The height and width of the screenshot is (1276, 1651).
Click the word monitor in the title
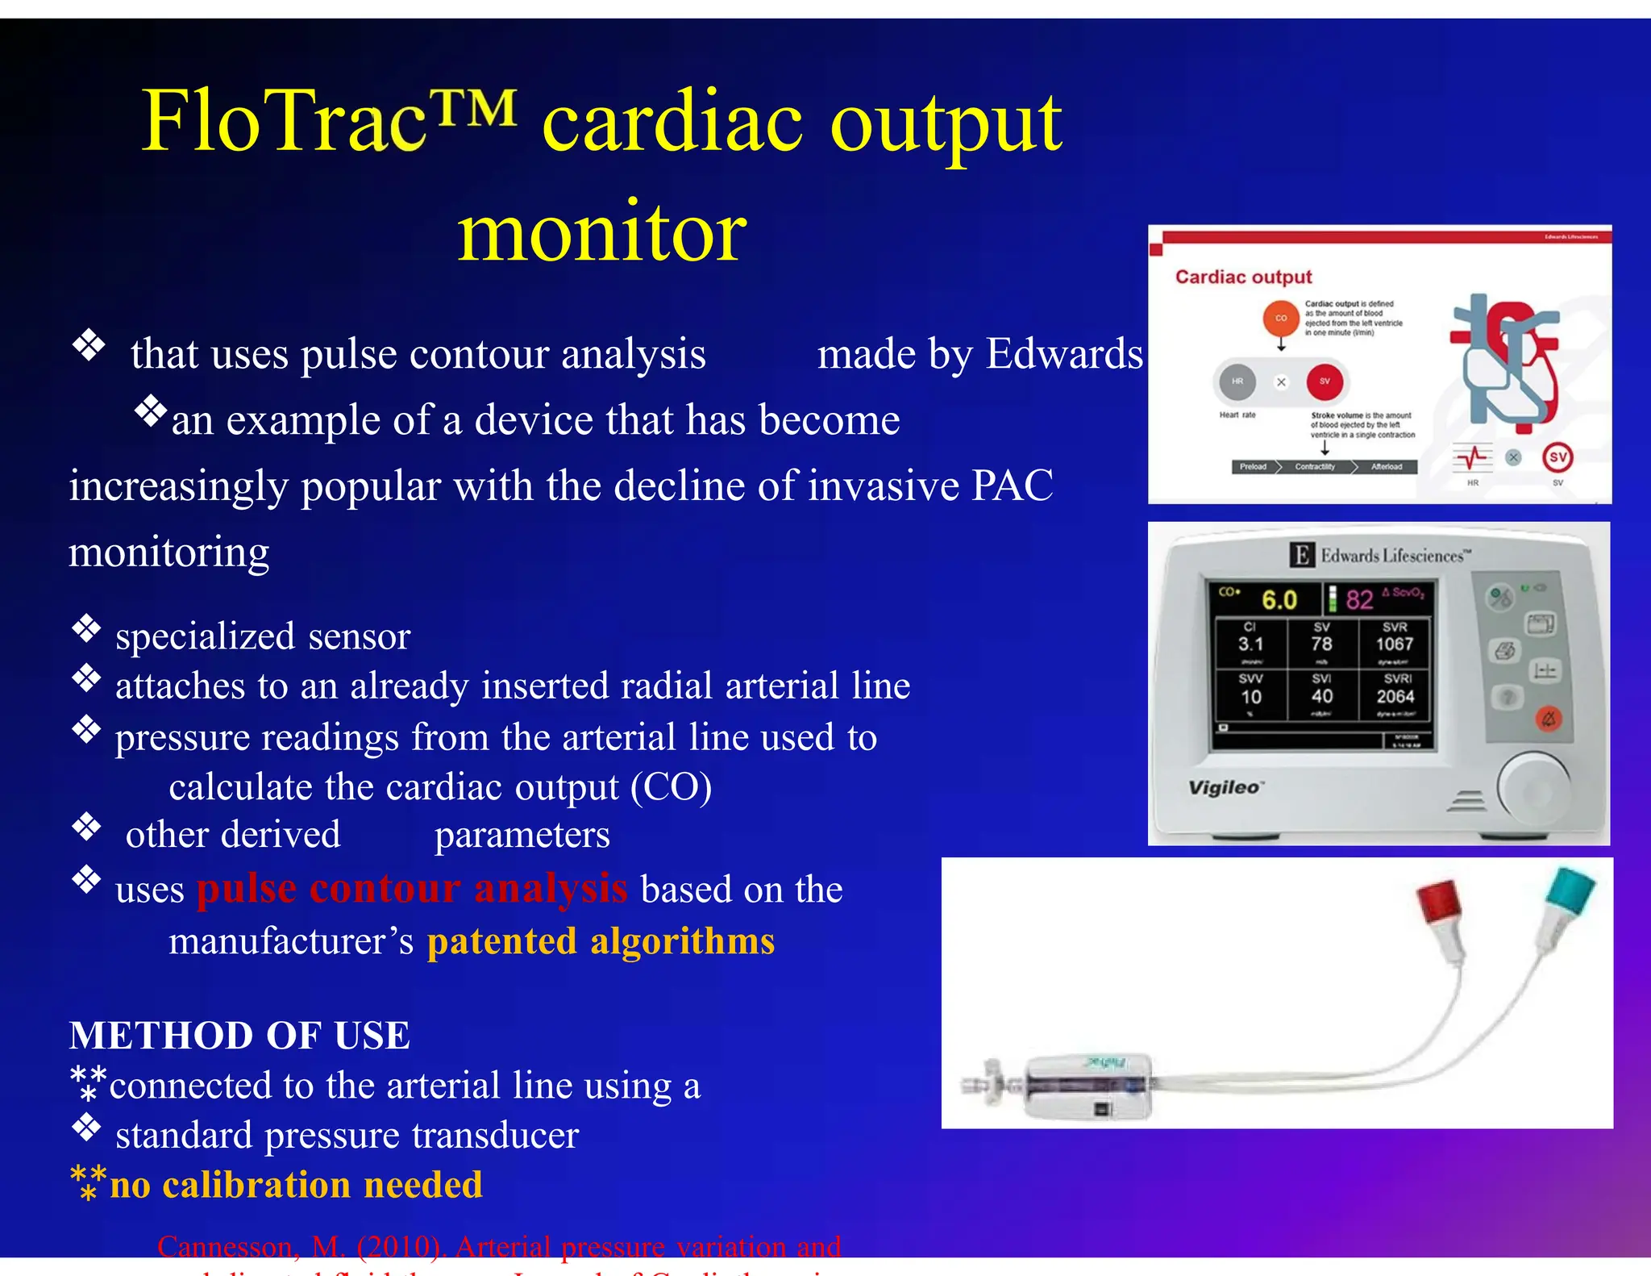coord(602,233)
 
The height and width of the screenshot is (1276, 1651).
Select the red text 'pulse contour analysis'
coord(412,888)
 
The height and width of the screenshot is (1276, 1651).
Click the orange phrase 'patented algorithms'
coord(601,941)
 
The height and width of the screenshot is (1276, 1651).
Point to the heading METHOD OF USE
coord(239,1036)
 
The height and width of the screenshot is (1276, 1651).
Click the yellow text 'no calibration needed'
coord(296,1185)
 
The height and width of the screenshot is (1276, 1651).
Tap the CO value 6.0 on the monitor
coord(1279,600)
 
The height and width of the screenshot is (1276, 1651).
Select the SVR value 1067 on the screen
coord(1394,644)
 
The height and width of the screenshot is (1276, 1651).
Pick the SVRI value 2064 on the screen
coord(1395,696)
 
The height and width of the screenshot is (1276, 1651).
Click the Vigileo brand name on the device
coord(1224,787)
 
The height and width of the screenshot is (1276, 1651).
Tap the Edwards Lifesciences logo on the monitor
coord(1380,555)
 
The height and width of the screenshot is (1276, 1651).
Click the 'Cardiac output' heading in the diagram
coord(1243,277)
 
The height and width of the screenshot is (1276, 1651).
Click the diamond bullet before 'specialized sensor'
coord(86,628)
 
